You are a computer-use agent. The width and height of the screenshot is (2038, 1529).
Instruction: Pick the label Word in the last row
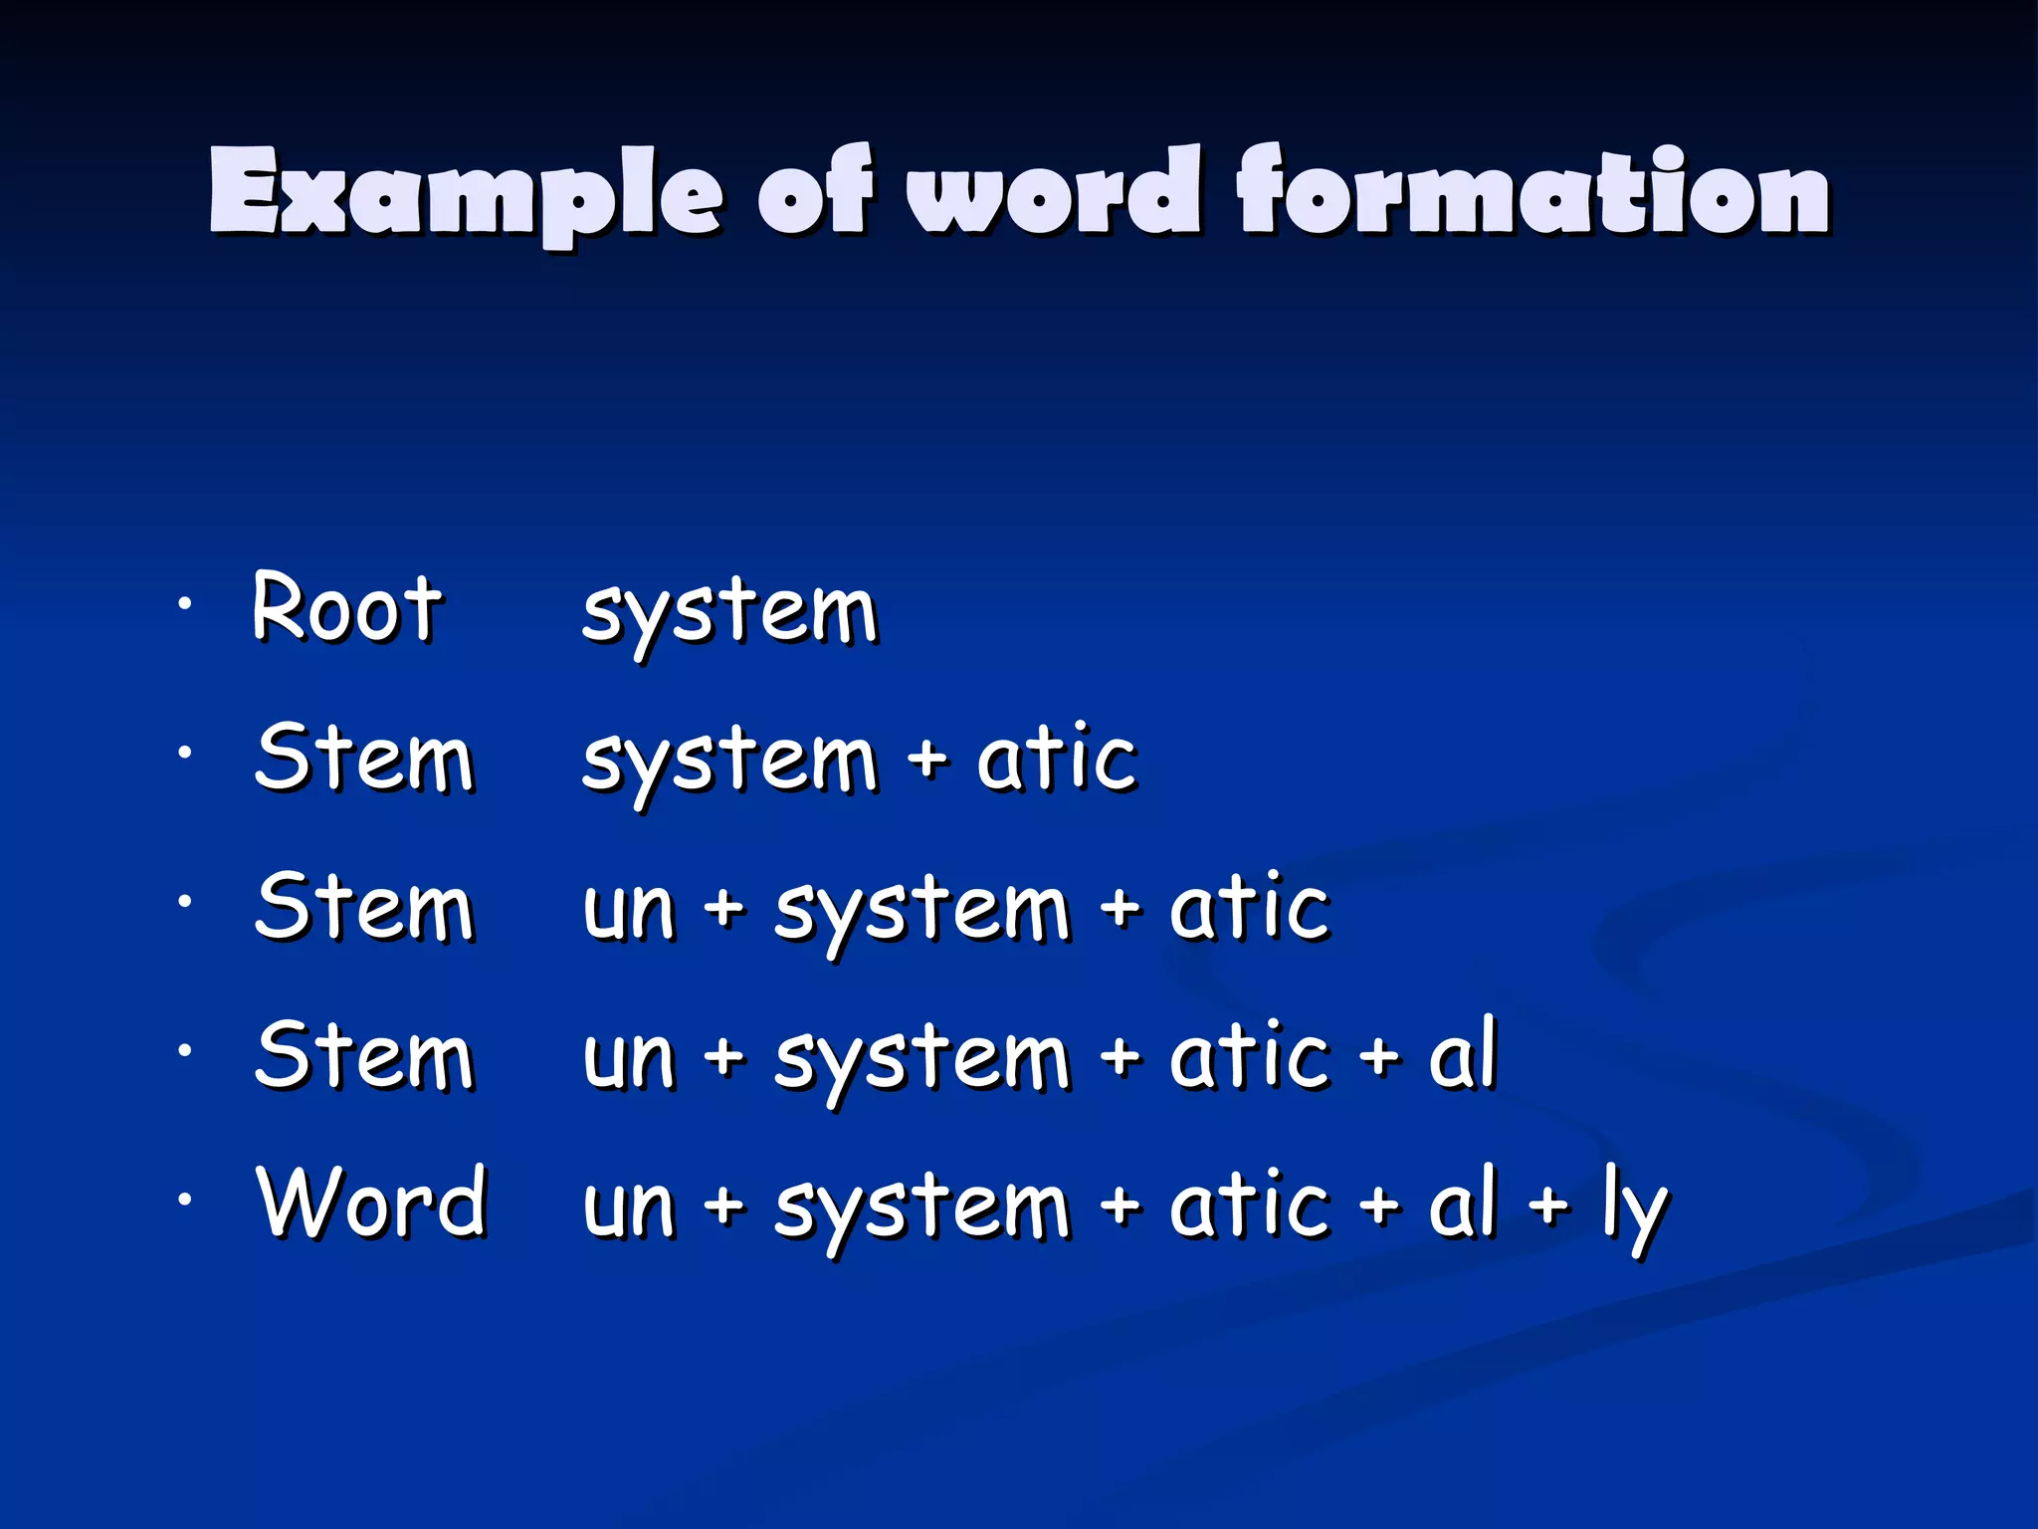tap(371, 1202)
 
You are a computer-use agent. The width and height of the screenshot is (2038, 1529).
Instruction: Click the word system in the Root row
tap(729, 612)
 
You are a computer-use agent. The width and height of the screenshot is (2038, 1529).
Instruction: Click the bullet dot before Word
tap(184, 1200)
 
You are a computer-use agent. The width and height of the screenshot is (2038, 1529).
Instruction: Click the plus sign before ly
tap(1549, 1204)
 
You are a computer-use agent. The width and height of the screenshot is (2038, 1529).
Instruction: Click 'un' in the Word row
tap(629, 1206)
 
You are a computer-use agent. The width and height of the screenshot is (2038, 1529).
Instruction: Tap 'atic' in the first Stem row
tap(1057, 759)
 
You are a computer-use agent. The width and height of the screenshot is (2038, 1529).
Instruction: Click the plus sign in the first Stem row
tap(927, 759)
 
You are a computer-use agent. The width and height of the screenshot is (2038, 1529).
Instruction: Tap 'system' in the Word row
tap(921, 1208)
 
